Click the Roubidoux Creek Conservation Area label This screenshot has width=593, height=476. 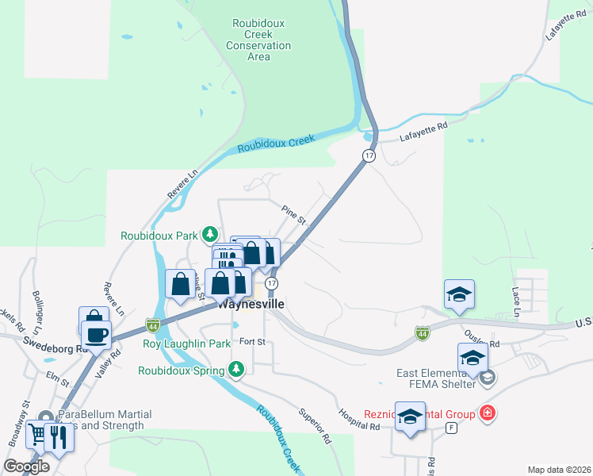[258, 40]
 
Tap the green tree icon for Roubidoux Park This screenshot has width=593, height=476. [210, 234]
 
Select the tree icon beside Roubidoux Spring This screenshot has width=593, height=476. [235, 369]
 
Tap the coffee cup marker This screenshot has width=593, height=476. [96, 334]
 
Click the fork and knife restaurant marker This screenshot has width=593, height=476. [58, 435]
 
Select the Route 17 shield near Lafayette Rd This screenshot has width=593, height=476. [369, 155]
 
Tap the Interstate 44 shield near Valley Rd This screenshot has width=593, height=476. [153, 324]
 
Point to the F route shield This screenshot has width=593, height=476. [452, 428]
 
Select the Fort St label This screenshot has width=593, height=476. [252, 342]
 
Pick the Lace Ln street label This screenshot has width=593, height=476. [516, 302]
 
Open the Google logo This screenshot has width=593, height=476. [26, 466]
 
